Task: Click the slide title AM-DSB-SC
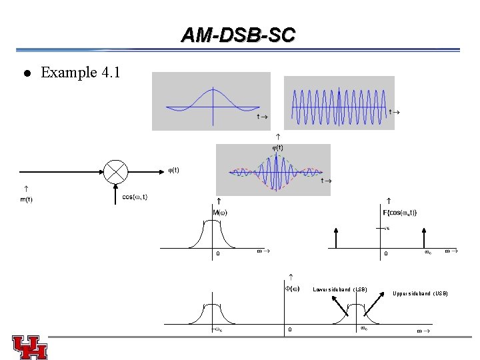coord(238,35)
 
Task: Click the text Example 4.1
coord(80,73)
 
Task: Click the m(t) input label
coord(27,199)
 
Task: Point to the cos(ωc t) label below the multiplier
coord(135,197)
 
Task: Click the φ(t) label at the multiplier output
coord(172,170)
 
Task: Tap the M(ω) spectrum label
coord(220,213)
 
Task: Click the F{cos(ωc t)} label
coord(400,213)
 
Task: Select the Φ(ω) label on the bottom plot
coord(292,289)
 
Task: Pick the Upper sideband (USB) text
coord(420,293)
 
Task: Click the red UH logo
coord(29,346)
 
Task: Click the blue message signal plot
coord(211,101)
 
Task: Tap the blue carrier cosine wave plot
coord(339,103)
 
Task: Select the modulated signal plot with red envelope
coord(273,171)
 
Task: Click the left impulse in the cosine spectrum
coord(337,238)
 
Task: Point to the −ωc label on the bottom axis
coord(217,329)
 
